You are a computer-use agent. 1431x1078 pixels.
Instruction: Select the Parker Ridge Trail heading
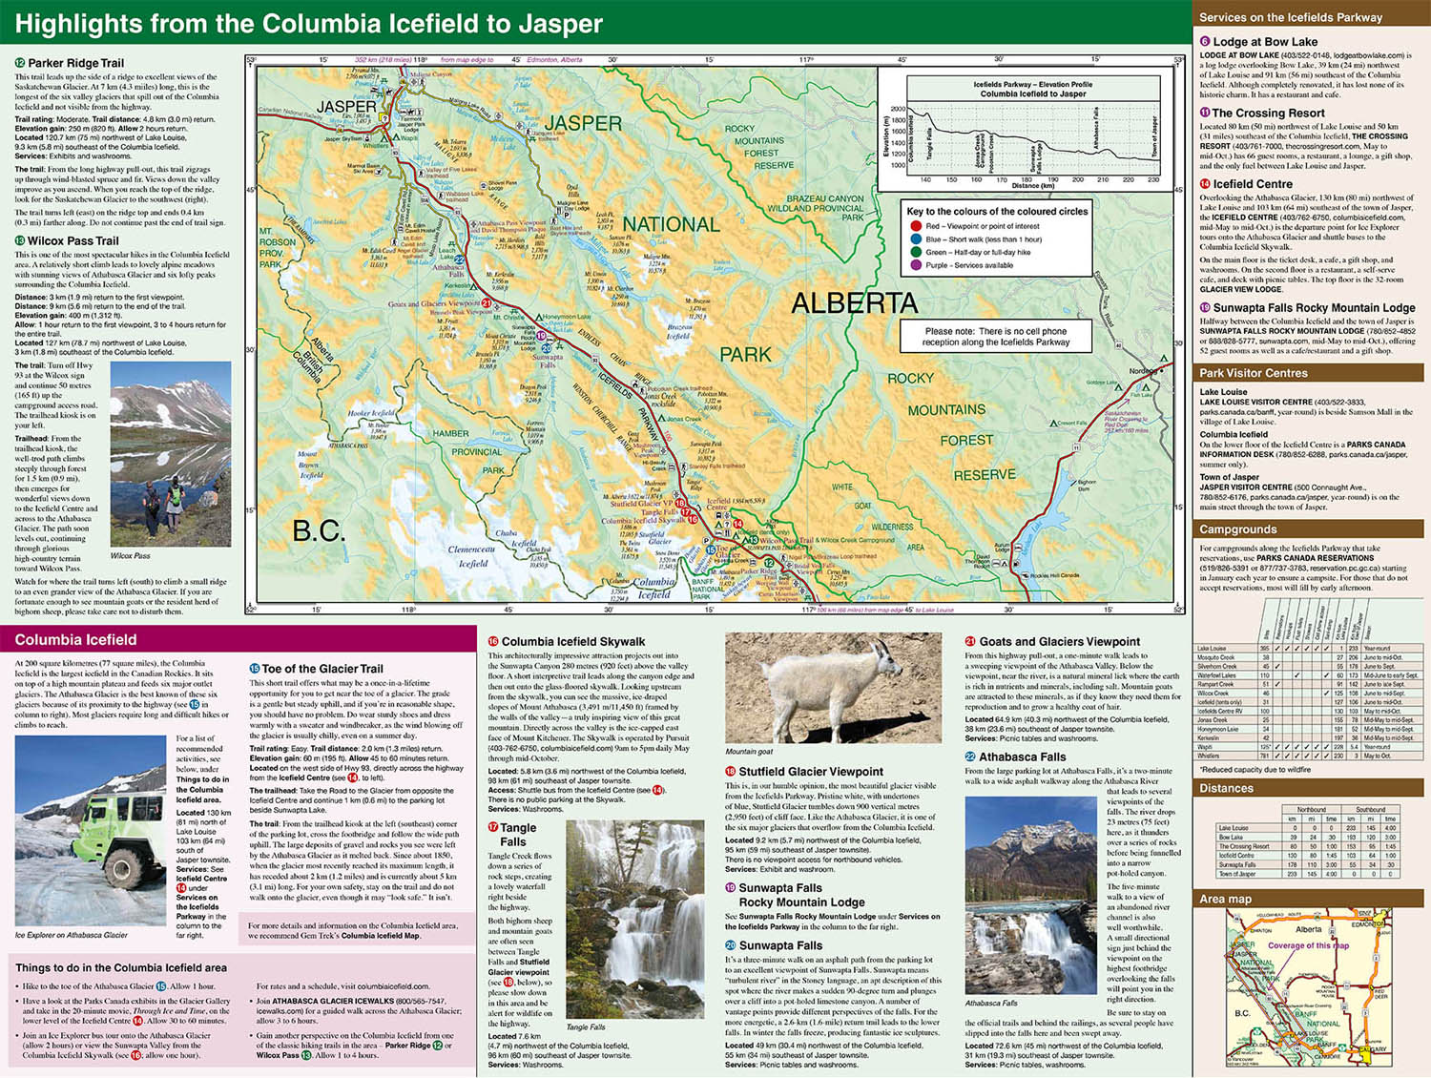(75, 63)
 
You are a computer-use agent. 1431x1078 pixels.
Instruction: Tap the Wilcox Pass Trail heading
(73, 241)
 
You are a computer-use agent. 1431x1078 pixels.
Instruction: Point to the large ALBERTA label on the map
(854, 303)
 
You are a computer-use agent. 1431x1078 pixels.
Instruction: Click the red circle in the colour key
(916, 226)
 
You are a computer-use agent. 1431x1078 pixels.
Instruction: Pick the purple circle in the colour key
(916, 265)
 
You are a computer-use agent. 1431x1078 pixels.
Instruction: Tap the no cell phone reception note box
(995, 337)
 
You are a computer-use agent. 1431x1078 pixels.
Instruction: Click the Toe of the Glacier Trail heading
(321, 669)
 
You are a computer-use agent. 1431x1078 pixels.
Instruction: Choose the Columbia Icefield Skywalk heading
(572, 642)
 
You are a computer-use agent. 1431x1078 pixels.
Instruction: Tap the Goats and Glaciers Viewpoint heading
(1058, 642)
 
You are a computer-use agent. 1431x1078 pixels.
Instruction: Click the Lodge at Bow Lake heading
(1264, 42)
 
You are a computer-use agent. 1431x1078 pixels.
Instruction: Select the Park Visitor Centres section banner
(1253, 373)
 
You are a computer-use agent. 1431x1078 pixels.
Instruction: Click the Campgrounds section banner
(1237, 529)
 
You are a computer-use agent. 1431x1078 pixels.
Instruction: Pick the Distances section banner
(1226, 788)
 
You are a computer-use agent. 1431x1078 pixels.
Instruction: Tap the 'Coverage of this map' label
(1308, 945)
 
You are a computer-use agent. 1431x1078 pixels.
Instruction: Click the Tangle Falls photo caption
(585, 1027)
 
